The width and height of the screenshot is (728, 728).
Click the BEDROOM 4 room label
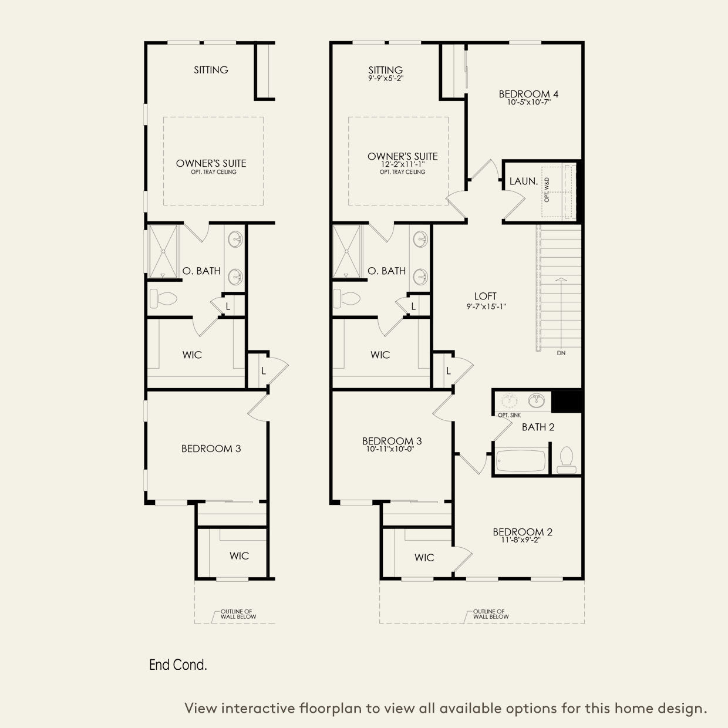[x=524, y=94]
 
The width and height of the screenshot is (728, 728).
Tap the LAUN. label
[x=523, y=181]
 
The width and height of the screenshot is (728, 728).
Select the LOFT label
[x=485, y=296]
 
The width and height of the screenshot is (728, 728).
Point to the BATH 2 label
[x=538, y=427]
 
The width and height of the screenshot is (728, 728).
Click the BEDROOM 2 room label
[x=522, y=532]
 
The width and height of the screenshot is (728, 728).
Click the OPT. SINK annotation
[x=508, y=415]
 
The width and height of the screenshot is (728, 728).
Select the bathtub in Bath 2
[x=521, y=461]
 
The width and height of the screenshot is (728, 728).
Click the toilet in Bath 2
[x=567, y=460]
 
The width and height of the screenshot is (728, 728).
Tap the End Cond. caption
[x=178, y=665]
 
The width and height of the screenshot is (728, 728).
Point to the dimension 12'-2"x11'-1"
[x=402, y=164]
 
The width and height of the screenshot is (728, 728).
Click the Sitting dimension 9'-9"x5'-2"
[x=386, y=77]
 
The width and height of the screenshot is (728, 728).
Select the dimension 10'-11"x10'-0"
[x=392, y=449]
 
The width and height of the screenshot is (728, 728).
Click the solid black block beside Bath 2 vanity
[x=568, y=401]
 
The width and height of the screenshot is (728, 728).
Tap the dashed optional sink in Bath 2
[x=508, y=400]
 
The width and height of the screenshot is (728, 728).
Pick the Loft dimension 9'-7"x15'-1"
[x=485, y=305]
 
